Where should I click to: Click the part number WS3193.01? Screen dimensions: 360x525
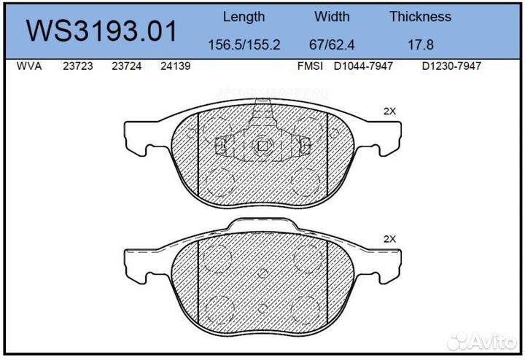101,31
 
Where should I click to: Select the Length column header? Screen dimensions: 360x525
244,17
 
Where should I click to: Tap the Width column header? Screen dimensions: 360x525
332,17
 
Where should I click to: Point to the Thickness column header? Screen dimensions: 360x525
420,17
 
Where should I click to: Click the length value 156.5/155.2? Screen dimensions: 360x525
244,44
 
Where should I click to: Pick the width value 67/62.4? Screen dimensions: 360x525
332,44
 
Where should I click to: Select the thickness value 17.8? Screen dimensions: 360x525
420,44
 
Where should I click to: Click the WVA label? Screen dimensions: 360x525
28,66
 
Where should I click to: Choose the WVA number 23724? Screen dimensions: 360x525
126,66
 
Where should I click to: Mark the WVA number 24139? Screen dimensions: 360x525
175,66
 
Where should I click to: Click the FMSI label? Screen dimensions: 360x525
311,66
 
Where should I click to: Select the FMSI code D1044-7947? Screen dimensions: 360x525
363,66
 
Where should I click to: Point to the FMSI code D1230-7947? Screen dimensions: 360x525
453,66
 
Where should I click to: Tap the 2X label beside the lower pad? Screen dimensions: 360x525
389,239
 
